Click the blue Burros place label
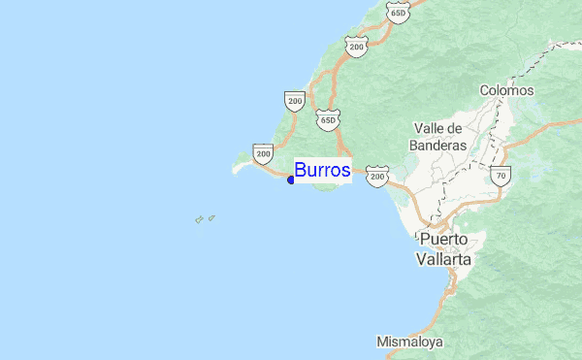pyautogui.click(x=322, y=170)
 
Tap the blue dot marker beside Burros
pyautogui.click(x=291, y=180)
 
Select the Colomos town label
pyautogui.click(x=506, y=90)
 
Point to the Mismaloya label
pyautogui.click(x=409, y=342)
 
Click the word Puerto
pyautogui.click(x=443, y=239)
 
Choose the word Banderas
pyautogui.click(x=438, y=146)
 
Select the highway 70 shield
pyautogui.click(x=501, y=176)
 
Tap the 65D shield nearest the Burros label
pyautogui.click(x=328, y=119)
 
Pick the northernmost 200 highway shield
pyautogui.click(x=356, y=46)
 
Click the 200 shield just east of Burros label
pyautogui.click(x=377, y=176)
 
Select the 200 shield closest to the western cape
pyautogui.click(x=263, y=153)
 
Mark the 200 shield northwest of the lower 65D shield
pyautogui.click(x=294, y=99)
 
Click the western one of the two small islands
pyautogui.click(x=199, y=220)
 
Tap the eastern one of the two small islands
pyautogui.click(x=211, y=217)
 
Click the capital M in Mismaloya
pyautogui.click(x=382, y=342)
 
